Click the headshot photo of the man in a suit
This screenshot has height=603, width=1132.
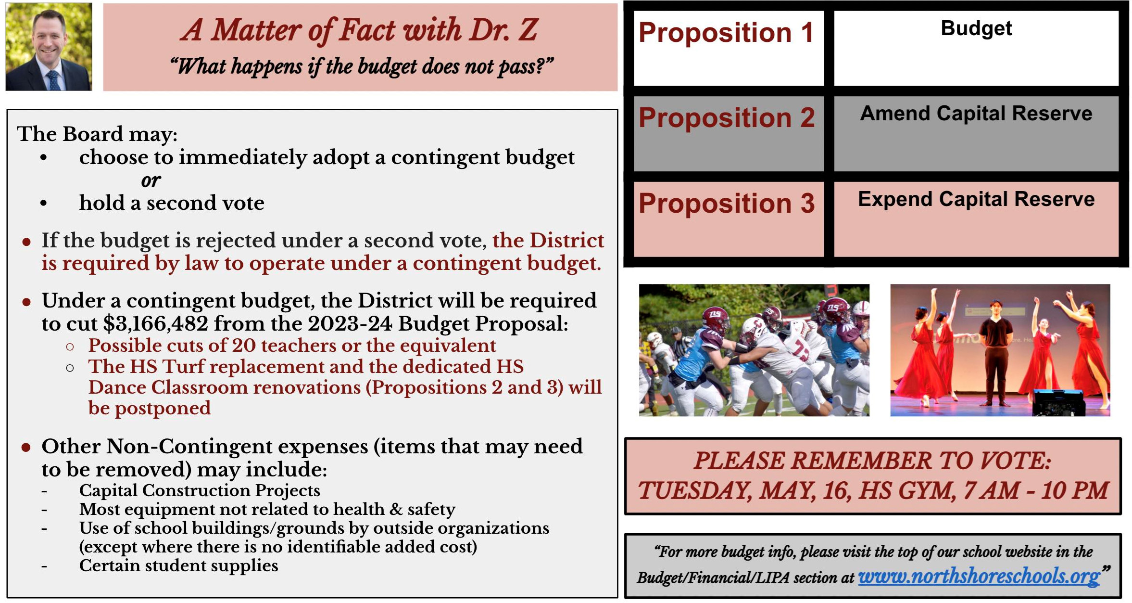[x=49, y=47]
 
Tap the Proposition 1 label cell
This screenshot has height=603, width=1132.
[x=728, y=48]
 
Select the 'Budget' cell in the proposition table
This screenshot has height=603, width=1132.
[x=976, y=48]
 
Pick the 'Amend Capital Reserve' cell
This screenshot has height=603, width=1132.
[x=976, y=134]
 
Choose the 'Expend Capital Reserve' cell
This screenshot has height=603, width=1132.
[x=976, y=219]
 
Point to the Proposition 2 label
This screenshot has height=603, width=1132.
[x=727, y=118]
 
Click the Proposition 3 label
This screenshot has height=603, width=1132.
[x=727, y=203]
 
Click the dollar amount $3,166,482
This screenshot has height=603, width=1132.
[x=155, y=324]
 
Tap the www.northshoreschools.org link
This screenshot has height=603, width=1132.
[x=979, y=576]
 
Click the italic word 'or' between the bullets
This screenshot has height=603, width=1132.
[x=151, y=180]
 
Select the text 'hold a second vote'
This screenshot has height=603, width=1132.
[x=172, y=203]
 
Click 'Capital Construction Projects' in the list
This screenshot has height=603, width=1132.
[x=200, y=490]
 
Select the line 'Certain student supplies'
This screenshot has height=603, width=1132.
[x=178, y=566]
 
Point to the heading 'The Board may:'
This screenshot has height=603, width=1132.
[x=97, y=134]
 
